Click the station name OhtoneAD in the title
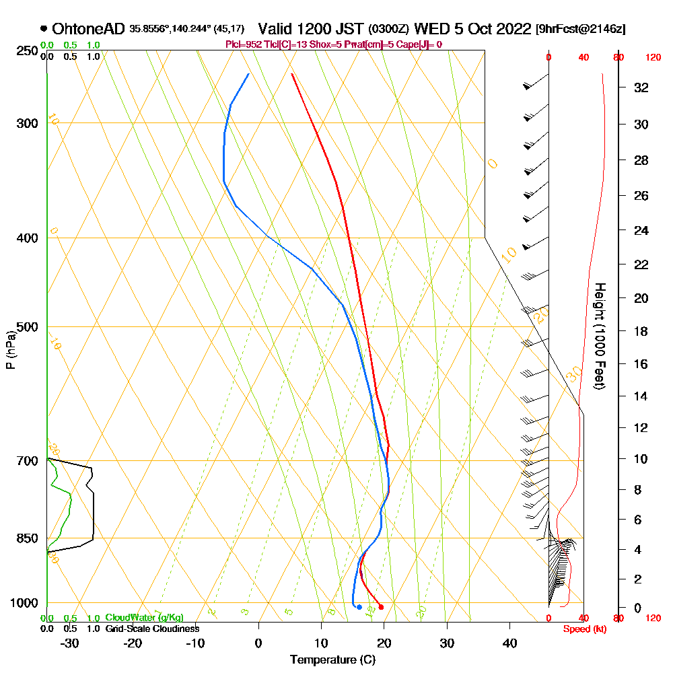click(x=88, y=29)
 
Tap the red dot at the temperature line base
click(x=381, y=607)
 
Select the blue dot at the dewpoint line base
click(x=359, y=607)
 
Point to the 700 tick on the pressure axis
click(x=27, y=461)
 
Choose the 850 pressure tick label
click(x=27, y=538)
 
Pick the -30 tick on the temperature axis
click(x=70, y=643)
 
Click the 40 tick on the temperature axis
click(x=509, y=643)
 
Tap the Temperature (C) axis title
click(x=332, y=660)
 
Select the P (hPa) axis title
click(x=10, y=349)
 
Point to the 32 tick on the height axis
click(x=641, y=87)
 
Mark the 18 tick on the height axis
click(x=641, y=331)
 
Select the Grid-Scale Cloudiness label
click(x=152, y=629)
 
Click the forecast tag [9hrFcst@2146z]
click(x=580, y=29)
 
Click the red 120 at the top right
click(x=653, y=58)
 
